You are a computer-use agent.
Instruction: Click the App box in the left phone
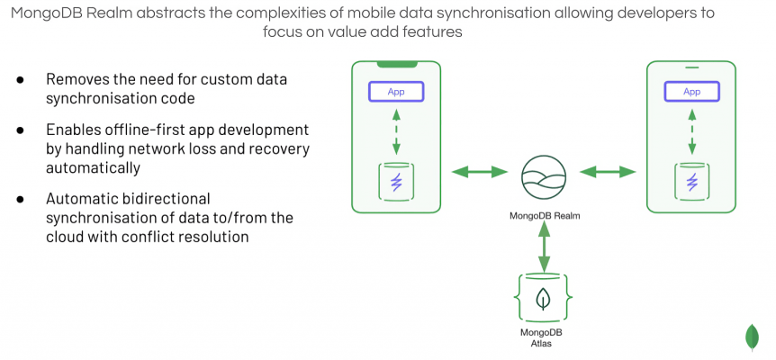point(396,92)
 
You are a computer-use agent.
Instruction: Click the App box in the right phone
point(691,92)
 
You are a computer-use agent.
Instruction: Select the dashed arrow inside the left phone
point(396,133)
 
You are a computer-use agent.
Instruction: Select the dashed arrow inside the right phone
point(691,133)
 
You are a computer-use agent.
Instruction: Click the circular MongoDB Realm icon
point(544,175)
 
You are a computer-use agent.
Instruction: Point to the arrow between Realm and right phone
point(608,171)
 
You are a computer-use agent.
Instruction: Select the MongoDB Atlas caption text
point(543,337)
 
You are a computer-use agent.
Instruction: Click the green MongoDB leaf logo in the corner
point(753,337)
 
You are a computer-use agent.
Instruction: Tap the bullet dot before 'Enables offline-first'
point(20,130)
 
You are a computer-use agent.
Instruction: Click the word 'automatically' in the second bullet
point(93,167)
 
